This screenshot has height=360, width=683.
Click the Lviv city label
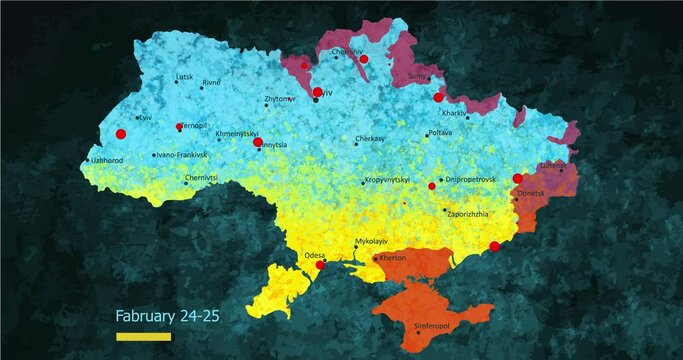click(x=146, y=117)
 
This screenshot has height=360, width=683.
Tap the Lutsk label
click(x=184, y=76)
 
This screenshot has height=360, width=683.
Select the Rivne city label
click(x=211, y=83)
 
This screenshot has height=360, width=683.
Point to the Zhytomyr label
click(x=279, y=99)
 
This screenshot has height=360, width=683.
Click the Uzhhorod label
click(x=106, y=160)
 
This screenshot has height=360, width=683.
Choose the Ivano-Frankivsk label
click(x=182, y=155)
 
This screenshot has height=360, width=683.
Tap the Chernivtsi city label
click(x=201, y=177)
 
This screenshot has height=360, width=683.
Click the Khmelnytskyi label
click(x=237, y=133)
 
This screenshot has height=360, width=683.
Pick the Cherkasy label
click(x=370, y=139)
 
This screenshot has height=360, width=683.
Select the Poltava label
click(x=440, y=132)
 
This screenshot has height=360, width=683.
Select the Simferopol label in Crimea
click(x=432, y=325)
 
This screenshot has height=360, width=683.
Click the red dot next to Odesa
click(x=320, y=265)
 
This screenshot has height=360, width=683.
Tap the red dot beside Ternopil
click(x=179, y=127)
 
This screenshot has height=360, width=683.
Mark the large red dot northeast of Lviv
click(x=121, y=134)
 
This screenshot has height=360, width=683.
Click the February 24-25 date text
click(x=167, y=316)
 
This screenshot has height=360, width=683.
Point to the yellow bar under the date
click(x=144, y=337)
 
